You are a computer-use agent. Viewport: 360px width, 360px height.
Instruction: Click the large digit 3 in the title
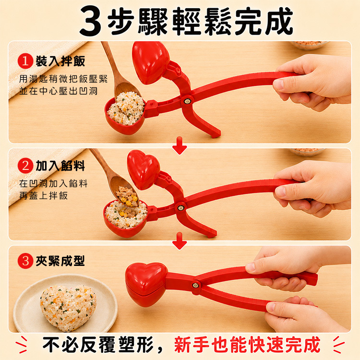pyautogui.click(x=90, y=22)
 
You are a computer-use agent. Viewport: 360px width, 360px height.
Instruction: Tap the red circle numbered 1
pyautogui.click(x=25, y=61)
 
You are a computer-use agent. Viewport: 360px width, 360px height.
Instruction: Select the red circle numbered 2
pyautogui.click(x=25, y=166)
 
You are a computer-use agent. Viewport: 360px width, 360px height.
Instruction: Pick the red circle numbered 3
pyautogui.click(x=25, y=261)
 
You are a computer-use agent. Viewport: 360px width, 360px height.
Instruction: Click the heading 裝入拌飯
pyautogui.click(x=60, y=61)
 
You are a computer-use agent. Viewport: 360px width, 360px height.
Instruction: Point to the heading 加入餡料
pyautogui.click(x=60, y=166)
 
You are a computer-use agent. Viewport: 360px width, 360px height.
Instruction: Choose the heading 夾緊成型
pyautogui.click(x=60, y=261)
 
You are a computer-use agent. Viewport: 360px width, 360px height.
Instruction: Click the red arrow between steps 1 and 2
pyautogui.click(x=180, y=145)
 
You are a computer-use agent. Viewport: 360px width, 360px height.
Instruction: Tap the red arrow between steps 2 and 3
pyautogui.click(x=180, y=241)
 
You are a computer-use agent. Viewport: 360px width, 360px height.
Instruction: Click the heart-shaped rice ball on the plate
pyautogui.click(x=68, y=308)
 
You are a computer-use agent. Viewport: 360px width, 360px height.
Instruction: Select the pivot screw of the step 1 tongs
pyautogui.click(x=187, y=101)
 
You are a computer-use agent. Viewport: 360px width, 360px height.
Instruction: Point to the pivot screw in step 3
pyautogui.click(x=196, y=286)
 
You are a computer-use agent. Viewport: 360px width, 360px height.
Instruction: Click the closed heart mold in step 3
pyautogui.click(x=146, y=284)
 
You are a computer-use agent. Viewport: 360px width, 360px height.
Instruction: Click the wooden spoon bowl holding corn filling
pyautogui.click(x=124, y=191)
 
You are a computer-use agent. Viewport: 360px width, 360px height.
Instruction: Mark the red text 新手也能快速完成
pyautogui.click(x=247, y=345)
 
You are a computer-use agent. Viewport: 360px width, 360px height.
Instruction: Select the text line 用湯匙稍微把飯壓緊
pyautogui.click(x=63, y=79)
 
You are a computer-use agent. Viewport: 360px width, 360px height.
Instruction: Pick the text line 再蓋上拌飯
pyautogui.click(x=44, y=196)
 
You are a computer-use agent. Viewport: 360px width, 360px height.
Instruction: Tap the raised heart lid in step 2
pyautogui.click(x=144, y=169)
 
